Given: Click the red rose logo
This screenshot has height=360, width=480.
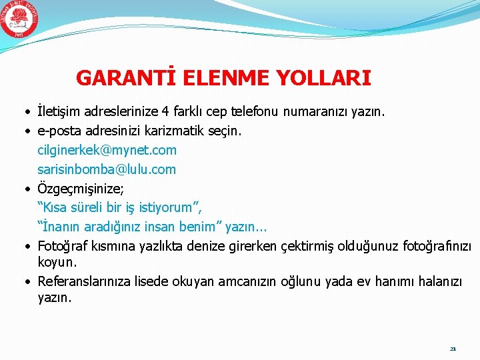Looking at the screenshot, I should coord(19,19).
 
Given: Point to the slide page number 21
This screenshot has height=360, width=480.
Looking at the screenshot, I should coord(453,348).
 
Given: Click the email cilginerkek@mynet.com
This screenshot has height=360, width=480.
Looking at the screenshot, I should coord(107,150).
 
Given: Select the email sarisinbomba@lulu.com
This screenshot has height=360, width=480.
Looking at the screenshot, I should coord(107,169).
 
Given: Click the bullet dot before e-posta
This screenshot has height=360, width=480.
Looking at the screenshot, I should coord(23,131).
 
